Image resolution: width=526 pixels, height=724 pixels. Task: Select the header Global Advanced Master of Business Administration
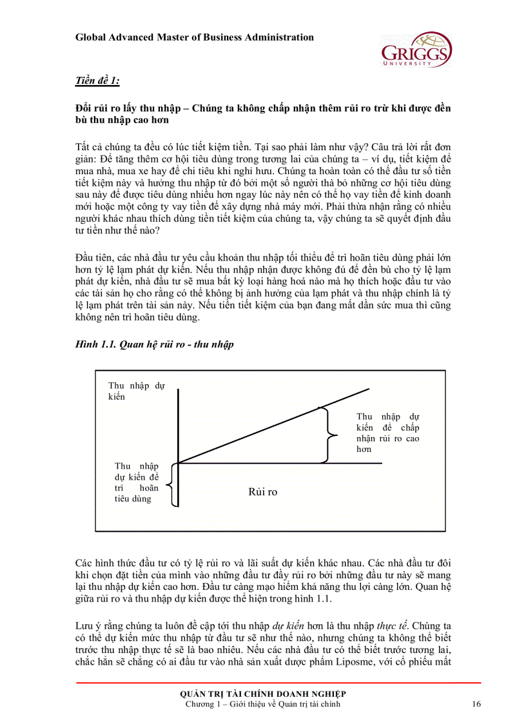pyautogui.click(x=195, y=37)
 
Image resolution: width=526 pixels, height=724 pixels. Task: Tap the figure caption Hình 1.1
pyautogui.click(x=155, y=344)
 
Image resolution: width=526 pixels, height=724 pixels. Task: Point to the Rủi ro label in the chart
pyautogui.click(x=262, y=492)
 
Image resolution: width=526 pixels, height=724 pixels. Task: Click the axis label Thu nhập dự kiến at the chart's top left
pyautogui.click(x=136, y=391)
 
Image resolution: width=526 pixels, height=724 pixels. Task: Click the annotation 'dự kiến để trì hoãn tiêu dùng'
pyautogui.click(x=136, y=482)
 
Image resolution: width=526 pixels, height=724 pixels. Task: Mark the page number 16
pyautogui.click(x=476, y=704)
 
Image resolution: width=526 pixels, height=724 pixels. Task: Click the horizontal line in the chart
pyautogui.click(x=284, y=463)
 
